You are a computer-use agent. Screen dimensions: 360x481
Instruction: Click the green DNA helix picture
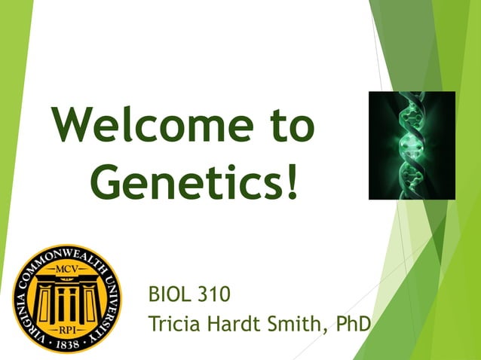point(411,145)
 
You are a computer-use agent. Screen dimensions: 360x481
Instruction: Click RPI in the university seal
point(66,328)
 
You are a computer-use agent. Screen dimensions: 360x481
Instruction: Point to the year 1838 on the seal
point(67,345)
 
